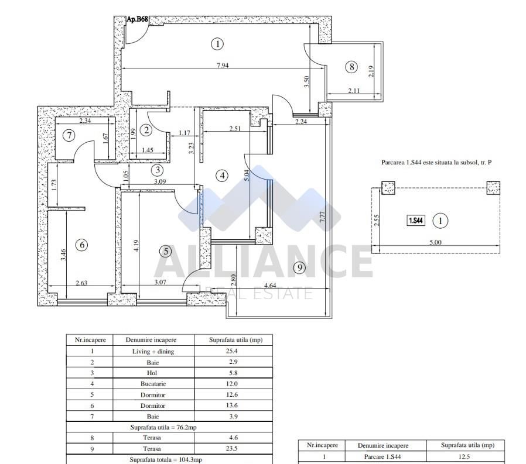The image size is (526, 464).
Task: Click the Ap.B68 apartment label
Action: (137, 19)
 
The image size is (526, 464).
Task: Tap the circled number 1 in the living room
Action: (217, 43)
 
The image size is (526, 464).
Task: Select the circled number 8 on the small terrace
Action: (351, 67)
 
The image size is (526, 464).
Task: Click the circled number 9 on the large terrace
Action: (299, 267)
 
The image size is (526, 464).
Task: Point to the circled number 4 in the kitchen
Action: (221, 175)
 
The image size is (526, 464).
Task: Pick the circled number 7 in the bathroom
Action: (69, 136)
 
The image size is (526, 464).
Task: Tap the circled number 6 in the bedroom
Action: (82, 245)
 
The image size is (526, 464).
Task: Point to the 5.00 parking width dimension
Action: (436, 242)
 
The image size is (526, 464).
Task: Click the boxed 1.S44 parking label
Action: (416, 221)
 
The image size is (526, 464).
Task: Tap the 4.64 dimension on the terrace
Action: (271, 286)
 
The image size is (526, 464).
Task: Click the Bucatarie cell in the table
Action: (153, 384)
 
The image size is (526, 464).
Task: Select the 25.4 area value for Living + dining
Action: (232, 352)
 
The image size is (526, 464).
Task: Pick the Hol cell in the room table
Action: (153, 373)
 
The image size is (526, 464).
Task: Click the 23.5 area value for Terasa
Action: (232, 449)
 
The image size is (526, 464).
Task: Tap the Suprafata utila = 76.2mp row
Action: (169, 428)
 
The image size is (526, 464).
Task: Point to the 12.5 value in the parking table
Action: (464, 457)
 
